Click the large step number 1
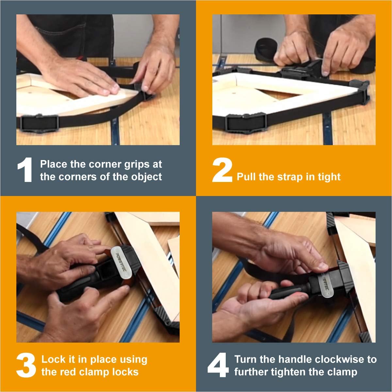coord(25,170)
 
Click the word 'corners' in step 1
coord(78,177)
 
